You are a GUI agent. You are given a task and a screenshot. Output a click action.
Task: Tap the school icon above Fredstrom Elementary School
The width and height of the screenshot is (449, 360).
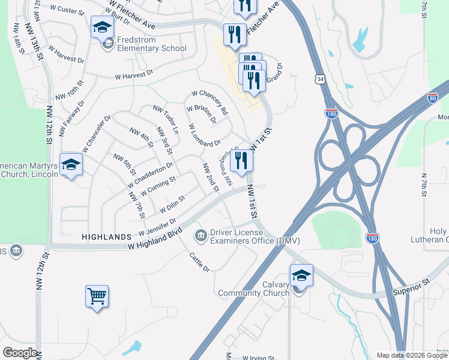pos(103,27)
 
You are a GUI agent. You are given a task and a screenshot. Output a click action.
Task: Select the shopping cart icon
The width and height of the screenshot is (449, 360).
pos(97,296)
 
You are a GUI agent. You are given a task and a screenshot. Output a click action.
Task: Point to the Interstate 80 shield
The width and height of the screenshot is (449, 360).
pos(433,98)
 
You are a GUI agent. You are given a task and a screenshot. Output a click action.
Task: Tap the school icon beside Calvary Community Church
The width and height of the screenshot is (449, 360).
pos(301,275)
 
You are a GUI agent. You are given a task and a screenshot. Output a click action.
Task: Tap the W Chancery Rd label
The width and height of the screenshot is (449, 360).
pos(209,103)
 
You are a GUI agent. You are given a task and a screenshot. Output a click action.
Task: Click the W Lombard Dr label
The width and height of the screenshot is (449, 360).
pos(205,136)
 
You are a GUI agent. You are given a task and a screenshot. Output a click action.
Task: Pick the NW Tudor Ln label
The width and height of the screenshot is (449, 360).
pos(166,119)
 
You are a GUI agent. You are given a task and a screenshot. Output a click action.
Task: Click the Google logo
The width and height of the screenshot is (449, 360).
pos(19,353)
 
